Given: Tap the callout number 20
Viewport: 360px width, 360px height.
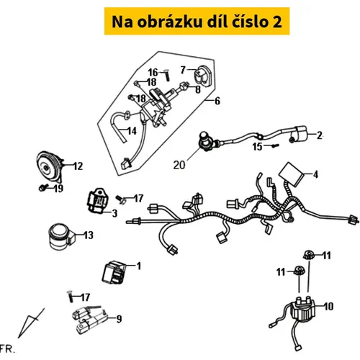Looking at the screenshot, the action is (x=179, y=165).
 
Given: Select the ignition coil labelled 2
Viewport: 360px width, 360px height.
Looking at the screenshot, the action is (x=300, y=134).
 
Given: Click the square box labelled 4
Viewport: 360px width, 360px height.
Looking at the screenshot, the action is (x=291, y=174).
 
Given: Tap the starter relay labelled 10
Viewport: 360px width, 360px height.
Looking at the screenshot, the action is (x=302, y=310).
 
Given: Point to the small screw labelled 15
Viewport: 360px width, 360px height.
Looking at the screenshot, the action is (x=275, y=145).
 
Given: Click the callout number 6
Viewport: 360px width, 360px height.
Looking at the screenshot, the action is (x=217, y=101).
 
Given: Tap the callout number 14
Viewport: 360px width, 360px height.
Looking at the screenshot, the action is (x=132, y=131).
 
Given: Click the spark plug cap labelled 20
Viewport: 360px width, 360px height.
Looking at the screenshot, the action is (x=206, y=142).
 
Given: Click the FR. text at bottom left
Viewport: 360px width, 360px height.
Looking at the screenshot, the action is (x=7, y=348).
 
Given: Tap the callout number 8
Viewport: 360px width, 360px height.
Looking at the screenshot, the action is (x=198, y=89).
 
